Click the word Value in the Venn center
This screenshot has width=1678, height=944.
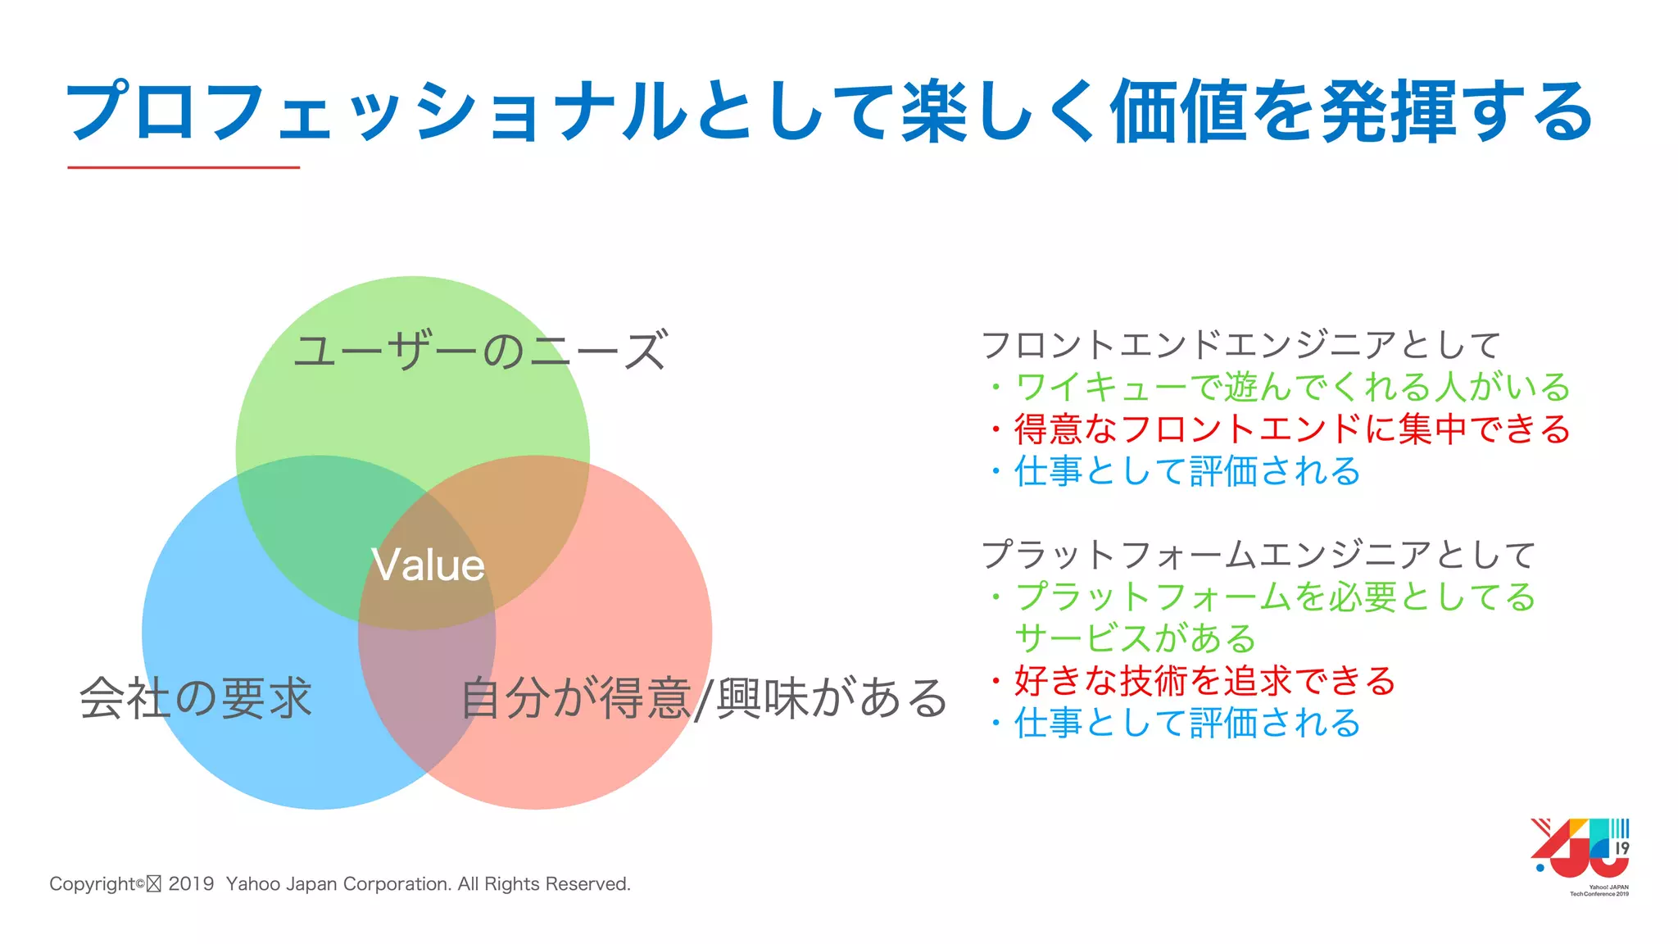coord(428,565)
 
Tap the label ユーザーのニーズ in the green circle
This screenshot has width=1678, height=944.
coord(480,352)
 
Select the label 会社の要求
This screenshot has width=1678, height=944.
coord(196,698)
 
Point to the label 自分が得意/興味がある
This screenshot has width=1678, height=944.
coord(703,699)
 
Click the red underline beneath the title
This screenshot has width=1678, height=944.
coord(184,167)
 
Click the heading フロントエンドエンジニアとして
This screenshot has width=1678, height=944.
coord(1240,345)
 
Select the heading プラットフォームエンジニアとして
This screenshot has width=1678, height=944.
coord(1258,555)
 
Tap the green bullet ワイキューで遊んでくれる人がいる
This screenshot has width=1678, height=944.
coord(1292,387)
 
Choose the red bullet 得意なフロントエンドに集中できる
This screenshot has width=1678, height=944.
coord(1292,429)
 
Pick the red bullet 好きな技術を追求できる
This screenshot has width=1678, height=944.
coord(1204,681)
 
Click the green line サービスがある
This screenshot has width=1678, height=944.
coord(1136,638)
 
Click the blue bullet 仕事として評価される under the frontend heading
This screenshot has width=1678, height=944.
coord(1186,471)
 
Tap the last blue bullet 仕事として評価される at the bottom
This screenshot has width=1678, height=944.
coord(1186,724)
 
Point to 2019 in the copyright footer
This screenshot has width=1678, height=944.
coord(191,884)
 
